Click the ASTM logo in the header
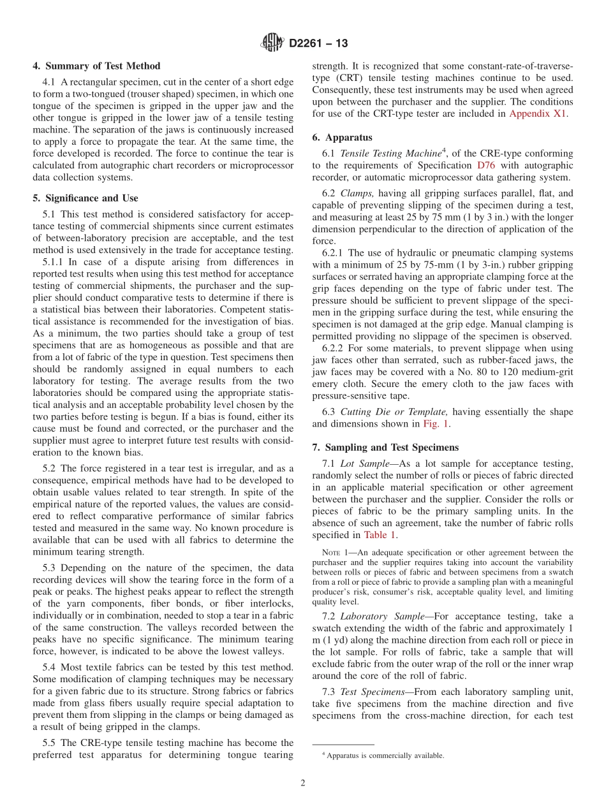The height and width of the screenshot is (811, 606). tap(272, 43)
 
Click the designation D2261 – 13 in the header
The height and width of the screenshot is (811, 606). tap(318, 44)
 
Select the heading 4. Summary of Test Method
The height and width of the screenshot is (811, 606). tap(96, 66)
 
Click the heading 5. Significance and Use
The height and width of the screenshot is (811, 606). tap(85, 198)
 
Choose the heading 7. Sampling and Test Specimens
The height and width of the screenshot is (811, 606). tap(385, 448)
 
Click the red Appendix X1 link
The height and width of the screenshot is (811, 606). tap(538, 114)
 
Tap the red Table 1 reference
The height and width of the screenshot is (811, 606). tap(380, 536)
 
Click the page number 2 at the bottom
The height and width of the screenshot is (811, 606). tap(303, 784)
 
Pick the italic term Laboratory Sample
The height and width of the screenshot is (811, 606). tap(380, 616)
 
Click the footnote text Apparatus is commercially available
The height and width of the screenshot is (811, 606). tap(385, 756)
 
